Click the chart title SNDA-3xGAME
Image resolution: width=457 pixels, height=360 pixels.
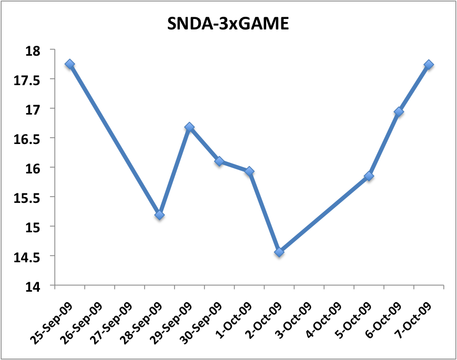coord(228,24)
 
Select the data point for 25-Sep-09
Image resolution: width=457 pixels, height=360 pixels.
coord(69,64)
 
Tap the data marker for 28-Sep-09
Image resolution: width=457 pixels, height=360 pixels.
coord(159,215)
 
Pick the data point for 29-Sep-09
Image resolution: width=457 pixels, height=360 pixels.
coord(189,127)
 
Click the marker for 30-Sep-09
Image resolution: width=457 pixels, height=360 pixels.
coord(219,161)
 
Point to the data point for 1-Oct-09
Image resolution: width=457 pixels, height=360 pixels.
coord(249,171)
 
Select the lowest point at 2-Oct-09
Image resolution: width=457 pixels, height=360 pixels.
coord(279,252)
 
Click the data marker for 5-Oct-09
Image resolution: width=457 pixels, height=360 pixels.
coord(369,176)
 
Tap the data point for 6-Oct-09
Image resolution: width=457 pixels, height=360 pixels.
coord(399,112)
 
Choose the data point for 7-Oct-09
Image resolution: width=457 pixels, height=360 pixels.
coord(429,65)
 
